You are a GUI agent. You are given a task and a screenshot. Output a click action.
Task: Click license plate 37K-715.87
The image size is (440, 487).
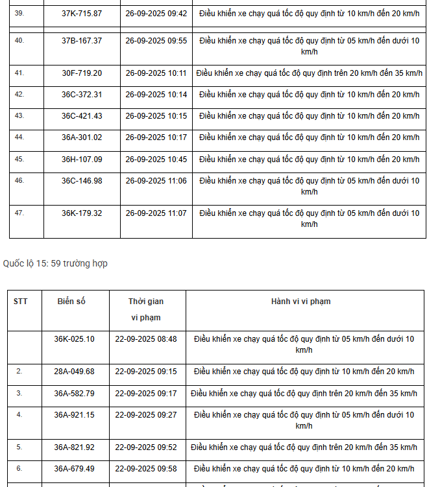(x=82, y=13)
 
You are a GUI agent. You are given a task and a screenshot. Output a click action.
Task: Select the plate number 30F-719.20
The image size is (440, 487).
(x=82, y=73)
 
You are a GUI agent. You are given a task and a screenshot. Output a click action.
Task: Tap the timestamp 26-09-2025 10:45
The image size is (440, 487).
(x=156, y=159)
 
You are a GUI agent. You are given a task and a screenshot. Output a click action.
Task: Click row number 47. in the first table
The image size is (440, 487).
(x=19, y=213)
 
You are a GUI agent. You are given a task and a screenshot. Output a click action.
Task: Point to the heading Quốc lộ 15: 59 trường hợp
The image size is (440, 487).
(x=55, y=263)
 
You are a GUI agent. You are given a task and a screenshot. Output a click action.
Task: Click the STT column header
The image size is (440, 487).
(x=20, y=302)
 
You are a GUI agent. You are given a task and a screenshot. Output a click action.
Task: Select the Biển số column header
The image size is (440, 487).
(x=71, y=302)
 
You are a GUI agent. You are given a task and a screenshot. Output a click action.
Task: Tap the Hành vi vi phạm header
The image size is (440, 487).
(x=300, y=302)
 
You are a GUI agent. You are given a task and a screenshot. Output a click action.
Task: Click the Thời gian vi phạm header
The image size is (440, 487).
(x=145, y=309)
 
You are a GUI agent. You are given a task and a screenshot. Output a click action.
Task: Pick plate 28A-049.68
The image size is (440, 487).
(x=74, y=372)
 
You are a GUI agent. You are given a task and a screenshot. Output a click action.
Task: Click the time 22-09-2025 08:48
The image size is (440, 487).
(x=145, y=339)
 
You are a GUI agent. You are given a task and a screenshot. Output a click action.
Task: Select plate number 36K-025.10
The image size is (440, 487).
(x=74, y=339)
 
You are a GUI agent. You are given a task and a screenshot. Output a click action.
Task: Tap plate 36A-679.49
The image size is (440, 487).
(x=74, y=469)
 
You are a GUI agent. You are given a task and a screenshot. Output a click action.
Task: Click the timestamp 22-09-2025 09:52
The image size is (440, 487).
(x=145, y=447)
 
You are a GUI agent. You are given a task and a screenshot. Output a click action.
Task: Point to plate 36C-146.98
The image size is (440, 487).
(x=82, y=181)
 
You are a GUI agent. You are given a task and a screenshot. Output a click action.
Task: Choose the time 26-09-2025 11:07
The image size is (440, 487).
(x=156, y=213)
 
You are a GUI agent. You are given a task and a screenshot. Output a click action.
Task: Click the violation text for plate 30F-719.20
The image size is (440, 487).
(x=309, y=73)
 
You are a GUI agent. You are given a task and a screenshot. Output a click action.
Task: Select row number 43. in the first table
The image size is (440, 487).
(x=19, y=115)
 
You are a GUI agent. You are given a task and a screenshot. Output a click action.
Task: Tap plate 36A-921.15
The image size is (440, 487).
(x=74, y=414)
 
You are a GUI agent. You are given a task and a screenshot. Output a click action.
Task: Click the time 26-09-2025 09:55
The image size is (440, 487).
(x=156, y=40)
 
